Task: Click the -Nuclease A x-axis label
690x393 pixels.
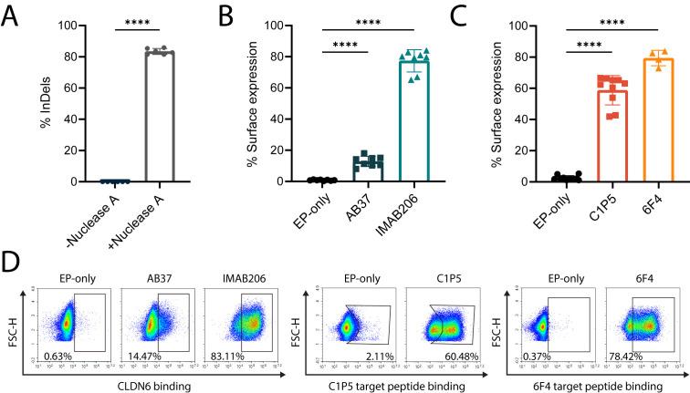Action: pos(87,212)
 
